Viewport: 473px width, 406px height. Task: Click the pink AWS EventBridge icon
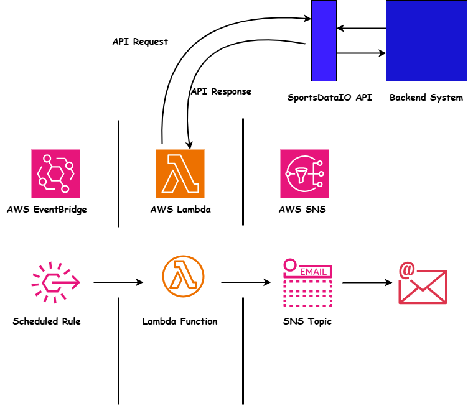(55, 173)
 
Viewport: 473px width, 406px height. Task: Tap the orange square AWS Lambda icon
(180, 173)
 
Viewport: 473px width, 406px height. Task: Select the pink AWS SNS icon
(304, 173)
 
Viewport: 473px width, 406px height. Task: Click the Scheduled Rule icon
(55, 283)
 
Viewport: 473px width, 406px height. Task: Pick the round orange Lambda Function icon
(183, 276)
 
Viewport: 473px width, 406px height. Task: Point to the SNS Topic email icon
(307, 283)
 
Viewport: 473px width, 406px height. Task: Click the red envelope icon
(423, 284)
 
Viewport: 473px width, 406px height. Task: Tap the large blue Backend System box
(426, 41)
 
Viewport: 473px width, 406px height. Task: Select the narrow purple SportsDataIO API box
(324, 41)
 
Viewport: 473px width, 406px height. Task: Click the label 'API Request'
(140, 42)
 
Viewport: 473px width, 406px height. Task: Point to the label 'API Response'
(221, 91)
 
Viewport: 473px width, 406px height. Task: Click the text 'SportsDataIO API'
(321, 98)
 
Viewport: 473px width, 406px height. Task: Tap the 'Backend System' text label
(426, 98)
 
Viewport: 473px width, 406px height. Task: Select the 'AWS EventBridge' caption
(47, 210)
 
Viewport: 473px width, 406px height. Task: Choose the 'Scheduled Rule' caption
(47, 321)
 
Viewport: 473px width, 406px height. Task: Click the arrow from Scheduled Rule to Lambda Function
(118, 283)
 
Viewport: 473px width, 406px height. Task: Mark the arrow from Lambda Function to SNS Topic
(246, 283)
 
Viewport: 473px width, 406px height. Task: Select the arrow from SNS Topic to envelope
(367, 283)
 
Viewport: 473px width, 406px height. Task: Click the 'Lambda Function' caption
(180, 321)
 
